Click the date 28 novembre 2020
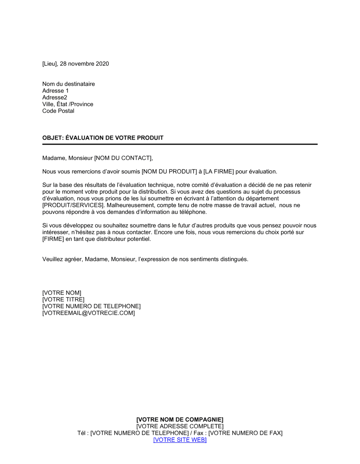[x=84, y=64]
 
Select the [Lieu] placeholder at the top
[x=50, y=64]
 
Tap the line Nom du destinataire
[x=68, y=84]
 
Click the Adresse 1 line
[x=55, y=91]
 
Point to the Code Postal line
[x=58, y=111]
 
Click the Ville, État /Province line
[x=68, y=104]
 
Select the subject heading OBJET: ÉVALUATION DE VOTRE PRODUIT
[x=103, y=138]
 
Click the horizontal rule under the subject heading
[x=180, y=144]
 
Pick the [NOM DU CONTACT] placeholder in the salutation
[x=123, y=158]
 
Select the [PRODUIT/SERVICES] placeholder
[x=73, y=205]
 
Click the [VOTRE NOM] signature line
[x=62, y=293]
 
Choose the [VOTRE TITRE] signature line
[x=63, y=300]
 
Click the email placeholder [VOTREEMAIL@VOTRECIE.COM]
[x=89, y=313]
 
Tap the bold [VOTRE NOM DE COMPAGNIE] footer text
[x=180, y=420]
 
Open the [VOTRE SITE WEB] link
[x=180, y=440]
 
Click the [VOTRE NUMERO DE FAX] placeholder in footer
[x=246, y=433]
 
